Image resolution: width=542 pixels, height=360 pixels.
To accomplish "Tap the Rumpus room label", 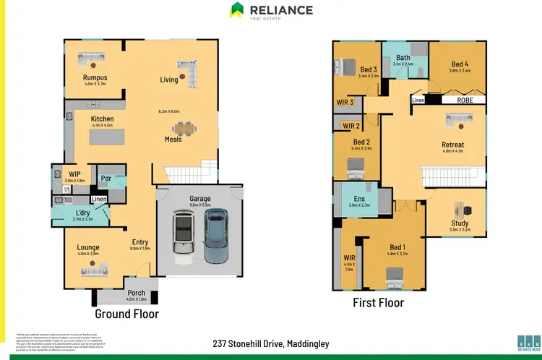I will pos(94,77).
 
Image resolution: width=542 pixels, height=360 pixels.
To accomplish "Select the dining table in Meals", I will pos(187,129).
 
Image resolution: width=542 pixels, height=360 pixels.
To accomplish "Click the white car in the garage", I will pos(183,235).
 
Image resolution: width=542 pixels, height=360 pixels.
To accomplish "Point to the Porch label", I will pos(137,292).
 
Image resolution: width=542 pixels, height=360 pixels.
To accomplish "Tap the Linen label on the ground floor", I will pos(99,199).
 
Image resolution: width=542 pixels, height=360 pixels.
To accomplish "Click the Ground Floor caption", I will pos(127,314).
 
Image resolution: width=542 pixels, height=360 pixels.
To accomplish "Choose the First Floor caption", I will pos(378,302).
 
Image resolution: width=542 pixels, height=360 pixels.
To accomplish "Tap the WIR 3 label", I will pos(345,102).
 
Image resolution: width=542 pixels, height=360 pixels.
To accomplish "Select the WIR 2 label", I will pos(351,126).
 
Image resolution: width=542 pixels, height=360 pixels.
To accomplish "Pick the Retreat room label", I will pos(452,145).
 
